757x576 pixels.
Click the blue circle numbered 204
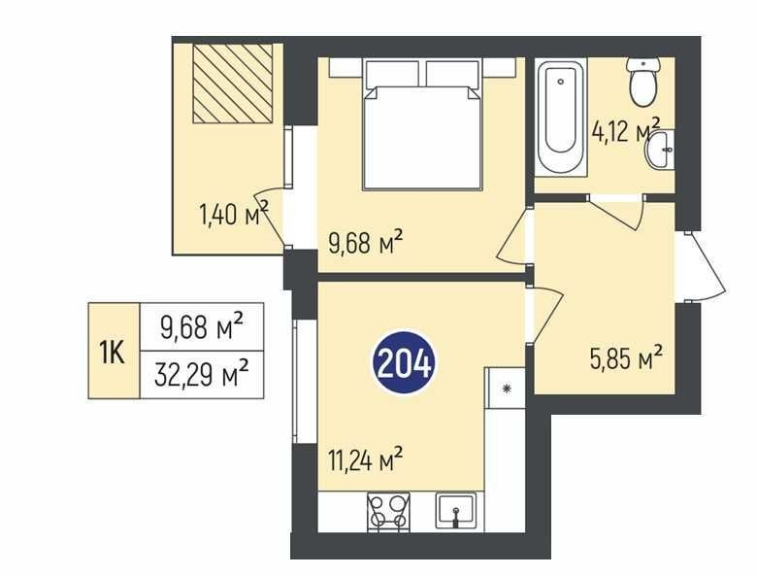[x=404, y=362]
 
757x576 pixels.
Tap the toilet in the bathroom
[x=643, y=82]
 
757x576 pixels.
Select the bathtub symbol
[x=561, y=117]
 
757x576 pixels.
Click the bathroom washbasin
[x=659, y=150]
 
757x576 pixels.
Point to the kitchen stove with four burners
[x=388, y=512]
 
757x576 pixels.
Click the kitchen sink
[x=456, y=511]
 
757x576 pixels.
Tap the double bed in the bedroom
[x=422, y=124]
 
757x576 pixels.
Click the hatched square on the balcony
[x=233, y=84]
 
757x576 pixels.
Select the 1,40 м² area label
[x=234, y=214]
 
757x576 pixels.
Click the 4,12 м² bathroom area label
[x=626, y=129]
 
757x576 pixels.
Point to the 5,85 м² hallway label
[x=626, y=358]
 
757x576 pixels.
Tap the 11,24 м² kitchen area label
[x=366, y=458]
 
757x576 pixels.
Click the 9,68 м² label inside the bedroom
[x=366, y=243]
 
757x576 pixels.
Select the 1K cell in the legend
[x=114, y=352]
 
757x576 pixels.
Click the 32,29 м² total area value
[x=202, y=375]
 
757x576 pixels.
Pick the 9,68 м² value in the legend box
[x=202, y=326]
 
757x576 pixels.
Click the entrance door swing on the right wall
[x=706, y=267]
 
